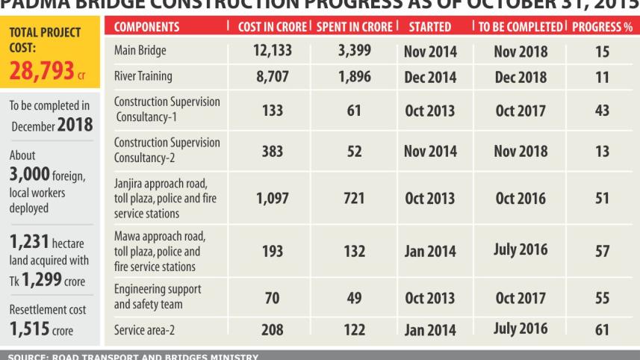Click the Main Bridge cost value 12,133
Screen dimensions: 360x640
(272, 52)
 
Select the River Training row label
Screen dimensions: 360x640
(143, 76)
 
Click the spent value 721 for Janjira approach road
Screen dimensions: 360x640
(354, 199)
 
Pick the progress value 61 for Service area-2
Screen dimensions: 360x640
(602, 329)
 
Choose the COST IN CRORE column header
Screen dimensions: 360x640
(272, 27)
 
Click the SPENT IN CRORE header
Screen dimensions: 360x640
(354, 27)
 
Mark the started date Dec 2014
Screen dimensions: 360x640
(429, 77)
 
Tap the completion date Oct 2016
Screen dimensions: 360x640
(521, 199)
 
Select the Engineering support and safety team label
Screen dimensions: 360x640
(158, 296)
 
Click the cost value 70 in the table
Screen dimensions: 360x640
(272, 298)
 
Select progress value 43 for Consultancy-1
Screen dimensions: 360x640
(602, 111)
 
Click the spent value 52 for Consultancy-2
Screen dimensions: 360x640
(354, 152)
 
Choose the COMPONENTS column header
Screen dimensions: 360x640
(147, 27)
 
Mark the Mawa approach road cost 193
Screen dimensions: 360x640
(272, 251)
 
